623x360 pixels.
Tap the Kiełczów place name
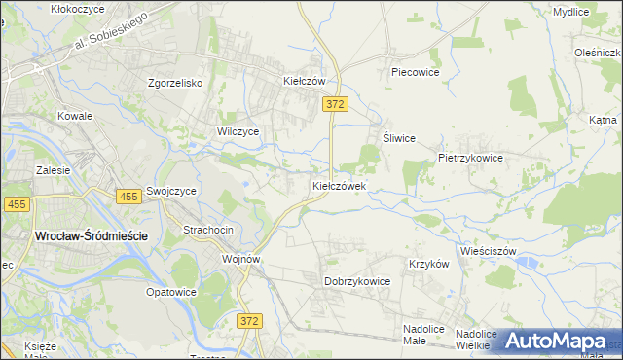(x=303, y=82)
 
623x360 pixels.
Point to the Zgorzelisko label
(x=174, y=83)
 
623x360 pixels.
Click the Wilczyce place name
(x=238, y=130)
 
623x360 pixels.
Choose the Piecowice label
(x=415, y=72)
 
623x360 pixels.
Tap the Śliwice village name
(x=399, y=138)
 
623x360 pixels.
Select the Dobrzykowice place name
(x=356, y=281)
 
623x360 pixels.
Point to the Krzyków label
(x=428, y=264)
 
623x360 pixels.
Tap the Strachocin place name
(x=207, y=230)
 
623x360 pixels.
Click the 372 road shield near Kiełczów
(x=335, y=103)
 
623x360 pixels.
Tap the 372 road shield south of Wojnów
(x=249, y=319)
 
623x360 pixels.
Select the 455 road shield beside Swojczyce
(x=128, y=197)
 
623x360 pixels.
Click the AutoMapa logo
(x=556, y=341)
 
